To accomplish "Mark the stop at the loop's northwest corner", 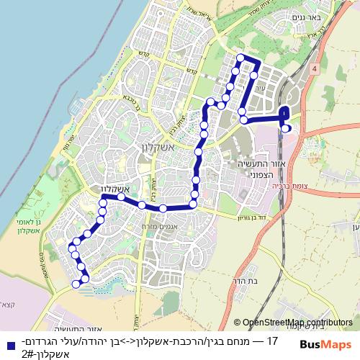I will [x=240, y=58].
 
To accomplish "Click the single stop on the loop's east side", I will [x=254, y=74].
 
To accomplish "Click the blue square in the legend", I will [x=7, y=341].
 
